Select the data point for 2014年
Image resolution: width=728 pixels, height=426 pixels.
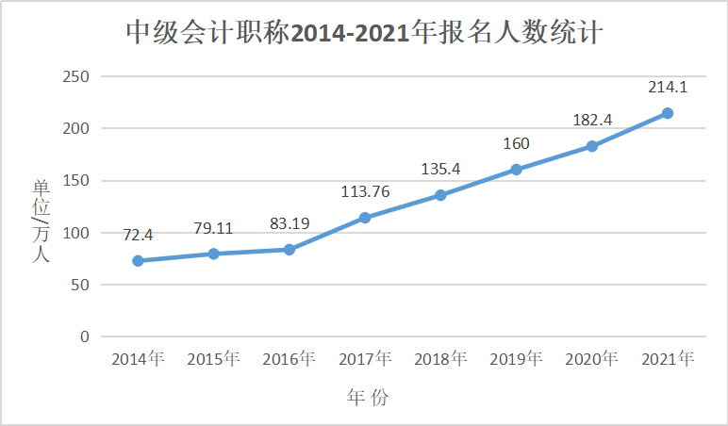[x=138, y=260]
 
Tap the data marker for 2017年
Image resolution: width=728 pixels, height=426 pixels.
[x=365, y=218]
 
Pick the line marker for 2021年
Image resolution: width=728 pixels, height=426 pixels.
[x=667, y=113]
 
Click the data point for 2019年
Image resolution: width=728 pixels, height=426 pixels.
[x=516, y=170]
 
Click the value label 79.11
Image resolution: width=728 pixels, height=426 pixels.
[x=213, y=227]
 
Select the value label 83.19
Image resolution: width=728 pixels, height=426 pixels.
[x=289, y=223]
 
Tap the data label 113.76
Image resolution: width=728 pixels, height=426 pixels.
[x=365, y=192]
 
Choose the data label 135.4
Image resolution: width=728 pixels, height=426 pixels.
[x=440, y=170]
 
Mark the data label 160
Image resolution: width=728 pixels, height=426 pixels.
[x=516, y=144]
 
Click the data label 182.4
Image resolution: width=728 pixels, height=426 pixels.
[x=592, y=121]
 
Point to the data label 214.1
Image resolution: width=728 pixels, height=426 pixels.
[x=667, y=88]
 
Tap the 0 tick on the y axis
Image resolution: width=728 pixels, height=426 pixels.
[x=84, y=336]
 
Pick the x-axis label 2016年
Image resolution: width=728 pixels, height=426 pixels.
[x=289, y=359]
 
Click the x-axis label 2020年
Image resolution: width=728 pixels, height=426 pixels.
[x=592, y=359]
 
